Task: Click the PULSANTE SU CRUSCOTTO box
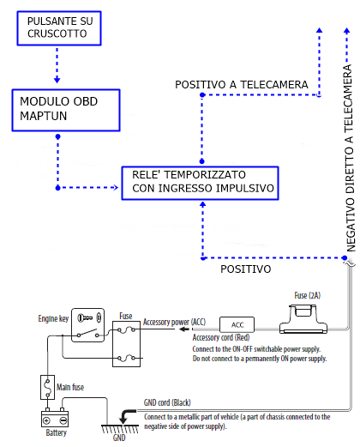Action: [59, 28]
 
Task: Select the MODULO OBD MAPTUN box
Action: [66, 111]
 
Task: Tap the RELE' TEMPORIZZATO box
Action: [200, 183]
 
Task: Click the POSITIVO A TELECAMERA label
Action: [242, 85]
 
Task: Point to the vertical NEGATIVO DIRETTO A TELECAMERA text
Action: [349, 158]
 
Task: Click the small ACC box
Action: [237, 324]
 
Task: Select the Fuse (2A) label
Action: [308, 295]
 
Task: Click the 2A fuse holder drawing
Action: [303, 319]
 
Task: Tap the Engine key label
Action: [53, 318]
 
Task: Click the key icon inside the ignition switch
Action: [85, 317]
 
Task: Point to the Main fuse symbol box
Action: [47, 387]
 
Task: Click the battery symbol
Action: [55, 418]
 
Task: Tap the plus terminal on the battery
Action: [46, 420]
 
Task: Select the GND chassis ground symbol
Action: [120, 429]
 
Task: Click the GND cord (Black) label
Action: [167, 402]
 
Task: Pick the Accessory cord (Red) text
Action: [221, 337]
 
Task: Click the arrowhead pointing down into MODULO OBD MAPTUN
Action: [57, 80]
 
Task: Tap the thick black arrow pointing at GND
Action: [128, 416]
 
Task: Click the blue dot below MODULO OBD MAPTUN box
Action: [58, 136]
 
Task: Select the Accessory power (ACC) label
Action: [174, 322]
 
